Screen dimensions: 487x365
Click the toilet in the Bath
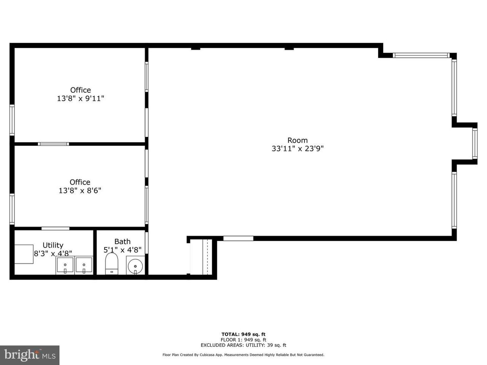pos(111,263)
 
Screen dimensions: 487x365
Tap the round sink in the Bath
pos(135,265)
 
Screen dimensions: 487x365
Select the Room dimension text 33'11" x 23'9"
pos(298,149)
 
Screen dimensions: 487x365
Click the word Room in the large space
pos(298,140)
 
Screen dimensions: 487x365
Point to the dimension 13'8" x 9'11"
pos(81,98)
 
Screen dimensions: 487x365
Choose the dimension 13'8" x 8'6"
pos(80,190)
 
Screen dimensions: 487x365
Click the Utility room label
pos(53,245)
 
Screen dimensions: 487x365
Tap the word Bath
pos(122,241)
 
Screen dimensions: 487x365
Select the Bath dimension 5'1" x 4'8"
pos(122,250)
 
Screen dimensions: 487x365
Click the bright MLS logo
pos(30,355)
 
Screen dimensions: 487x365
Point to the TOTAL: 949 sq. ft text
pos(243,334)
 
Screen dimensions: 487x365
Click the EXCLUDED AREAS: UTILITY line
pos(243,345)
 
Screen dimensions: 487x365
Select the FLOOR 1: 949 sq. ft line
pos(243,340)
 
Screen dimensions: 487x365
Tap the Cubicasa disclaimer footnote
pos(243,355)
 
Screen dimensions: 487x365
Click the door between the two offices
pos(53,144)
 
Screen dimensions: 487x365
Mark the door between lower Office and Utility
pos(56,229)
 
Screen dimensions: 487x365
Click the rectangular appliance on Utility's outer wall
pos(24,254)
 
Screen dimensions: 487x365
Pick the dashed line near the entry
pos(207,257)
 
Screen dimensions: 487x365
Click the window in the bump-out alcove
pos(474,144)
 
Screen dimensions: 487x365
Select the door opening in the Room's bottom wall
pos(238,238)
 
